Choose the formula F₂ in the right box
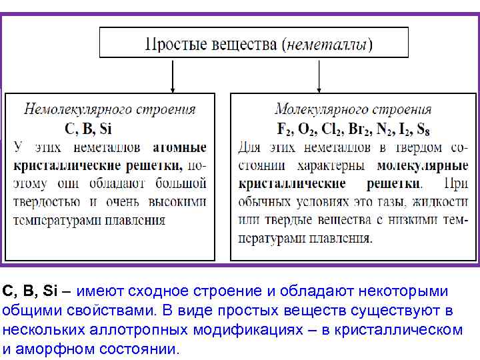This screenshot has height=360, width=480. pos(284,129)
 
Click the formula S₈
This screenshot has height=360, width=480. pos(423,129)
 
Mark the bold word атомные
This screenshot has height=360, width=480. pos(179,147)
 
